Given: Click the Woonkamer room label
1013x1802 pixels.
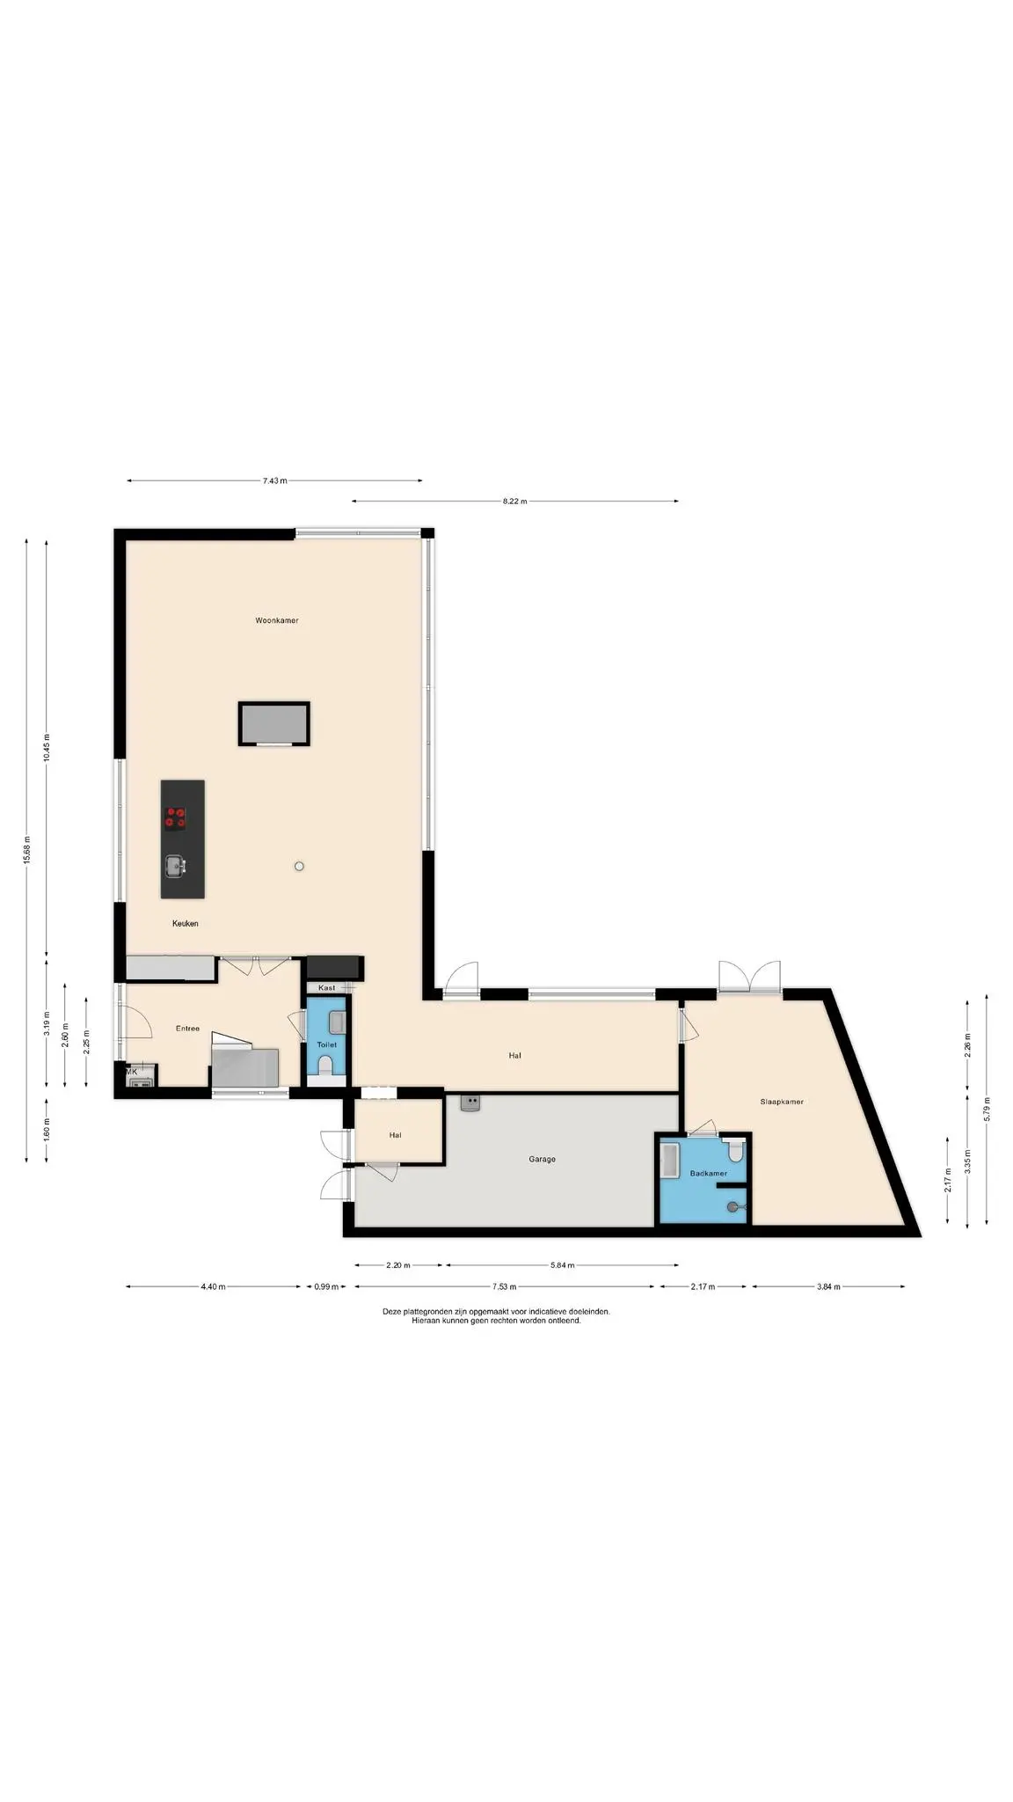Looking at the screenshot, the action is (276, 620).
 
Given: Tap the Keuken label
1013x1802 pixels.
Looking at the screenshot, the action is (185, 923).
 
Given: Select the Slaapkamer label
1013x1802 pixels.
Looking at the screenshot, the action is (782, 1102).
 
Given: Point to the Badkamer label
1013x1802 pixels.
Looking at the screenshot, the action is (708, 1173).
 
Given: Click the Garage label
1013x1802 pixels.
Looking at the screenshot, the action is (542, 1159).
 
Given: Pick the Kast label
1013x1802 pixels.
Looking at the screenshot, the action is (326, 988).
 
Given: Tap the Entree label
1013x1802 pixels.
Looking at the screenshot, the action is (187, 1029).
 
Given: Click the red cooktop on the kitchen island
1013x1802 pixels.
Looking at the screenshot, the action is (176, 818).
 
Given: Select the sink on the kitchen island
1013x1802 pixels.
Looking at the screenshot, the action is (176, 867).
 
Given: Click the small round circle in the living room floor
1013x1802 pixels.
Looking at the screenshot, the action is (299, 867).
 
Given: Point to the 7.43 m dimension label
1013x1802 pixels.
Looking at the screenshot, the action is (274, 480).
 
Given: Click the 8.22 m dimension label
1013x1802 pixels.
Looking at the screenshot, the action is (514, 502).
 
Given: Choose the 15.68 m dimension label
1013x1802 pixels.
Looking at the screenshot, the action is (26, 850).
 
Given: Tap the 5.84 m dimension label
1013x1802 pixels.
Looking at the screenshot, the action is (562, 1265).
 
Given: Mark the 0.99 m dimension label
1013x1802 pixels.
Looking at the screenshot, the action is (326, 1286).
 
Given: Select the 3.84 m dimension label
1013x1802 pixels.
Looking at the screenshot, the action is (827, 1286).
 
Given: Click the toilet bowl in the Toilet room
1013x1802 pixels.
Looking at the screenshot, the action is (325, 1066).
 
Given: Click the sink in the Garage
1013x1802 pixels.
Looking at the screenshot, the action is (471, 1103).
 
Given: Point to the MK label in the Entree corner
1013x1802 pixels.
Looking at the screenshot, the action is (131, 1072).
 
